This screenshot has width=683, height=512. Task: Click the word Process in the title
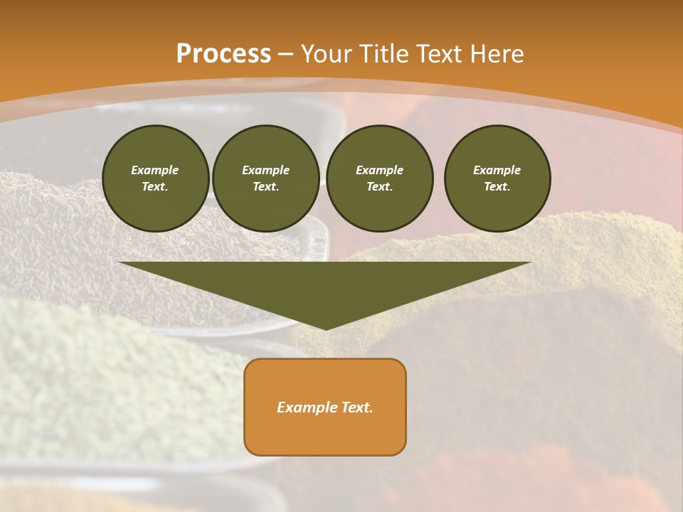coord(223,53)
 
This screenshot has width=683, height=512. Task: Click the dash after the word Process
coord(286,55)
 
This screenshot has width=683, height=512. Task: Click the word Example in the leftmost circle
coord(155,170)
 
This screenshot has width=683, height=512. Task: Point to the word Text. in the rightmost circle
coord(497,186)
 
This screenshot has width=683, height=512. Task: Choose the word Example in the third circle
coord(379,170)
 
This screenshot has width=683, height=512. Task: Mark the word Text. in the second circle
coord(266,186)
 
